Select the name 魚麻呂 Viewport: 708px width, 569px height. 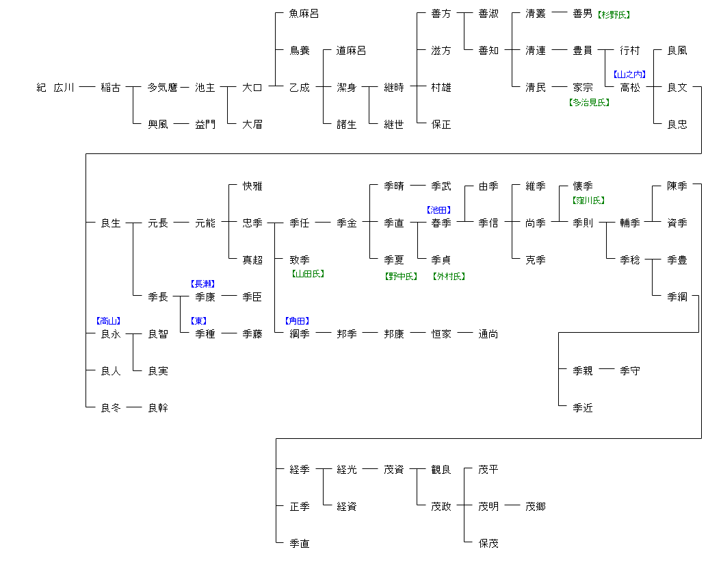pos(304,14)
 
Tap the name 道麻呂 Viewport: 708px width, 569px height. pos(352,51)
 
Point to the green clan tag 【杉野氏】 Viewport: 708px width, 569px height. pos(614,14)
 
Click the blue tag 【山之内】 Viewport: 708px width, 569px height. pos(629,75)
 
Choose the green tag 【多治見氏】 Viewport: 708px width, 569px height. pos(589,102)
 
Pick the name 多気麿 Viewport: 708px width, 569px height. pos(163,88)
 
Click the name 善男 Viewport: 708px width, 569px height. pos(583,14)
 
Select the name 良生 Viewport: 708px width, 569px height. pos(111,223)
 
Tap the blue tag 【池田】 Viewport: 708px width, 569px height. pos(439,210)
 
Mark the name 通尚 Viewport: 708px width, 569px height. pos(488,334)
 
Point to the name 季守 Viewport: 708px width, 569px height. pos(630,371)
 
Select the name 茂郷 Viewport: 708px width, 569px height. pos(536,507)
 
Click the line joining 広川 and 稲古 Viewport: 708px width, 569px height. pos(86,87)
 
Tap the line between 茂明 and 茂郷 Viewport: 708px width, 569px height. pos(512,506)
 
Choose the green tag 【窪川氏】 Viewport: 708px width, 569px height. pos(588,201)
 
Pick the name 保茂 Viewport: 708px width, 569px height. pos(488,544)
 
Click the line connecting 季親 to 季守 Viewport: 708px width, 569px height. pos(606,370)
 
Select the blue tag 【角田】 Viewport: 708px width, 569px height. pos(298,320)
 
